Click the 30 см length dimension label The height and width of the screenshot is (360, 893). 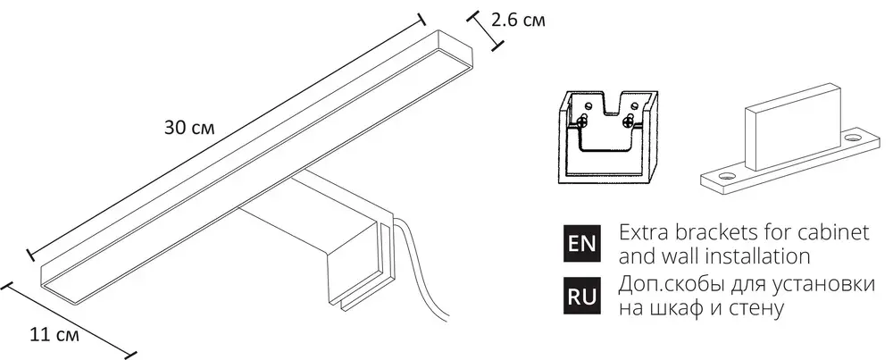point(189,128)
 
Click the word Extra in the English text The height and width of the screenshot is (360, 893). point(639,233)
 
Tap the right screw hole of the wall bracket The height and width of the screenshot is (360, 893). point(855,139)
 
